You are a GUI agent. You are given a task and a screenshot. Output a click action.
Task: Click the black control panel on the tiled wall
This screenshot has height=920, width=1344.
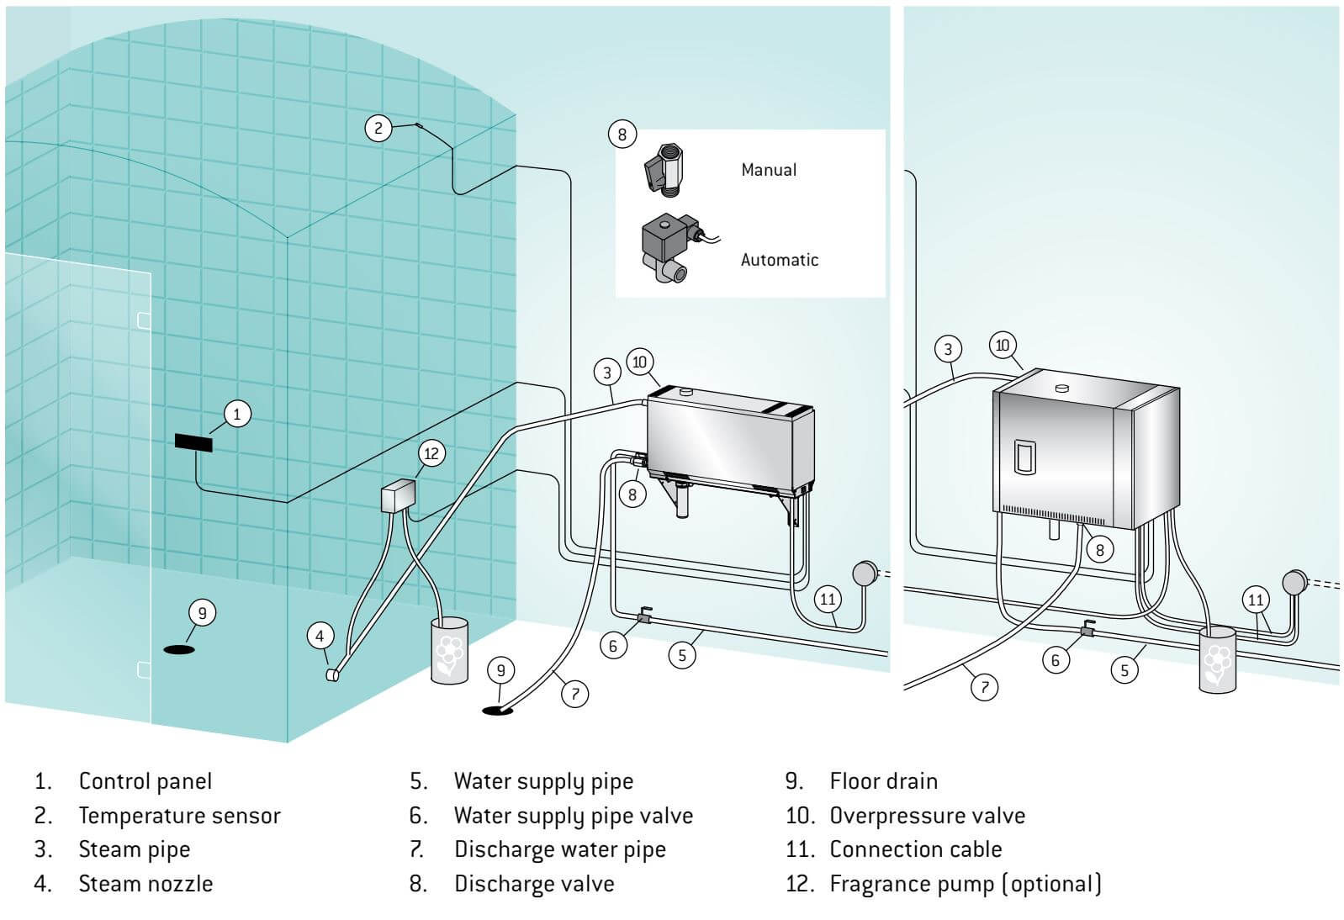point(193,442)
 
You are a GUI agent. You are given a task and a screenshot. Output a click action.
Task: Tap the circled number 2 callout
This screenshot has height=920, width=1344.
point(378,128)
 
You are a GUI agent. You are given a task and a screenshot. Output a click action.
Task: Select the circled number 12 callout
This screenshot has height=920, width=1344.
point(431,454)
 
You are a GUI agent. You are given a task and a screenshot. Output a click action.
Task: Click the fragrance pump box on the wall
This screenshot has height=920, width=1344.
point(399,496)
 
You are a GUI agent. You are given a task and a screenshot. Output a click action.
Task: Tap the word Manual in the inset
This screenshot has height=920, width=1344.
point(768,170)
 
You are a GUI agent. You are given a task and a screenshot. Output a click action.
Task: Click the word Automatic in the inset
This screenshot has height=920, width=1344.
point(779,260)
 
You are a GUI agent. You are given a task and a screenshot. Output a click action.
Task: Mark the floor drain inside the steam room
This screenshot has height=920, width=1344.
point(178,649)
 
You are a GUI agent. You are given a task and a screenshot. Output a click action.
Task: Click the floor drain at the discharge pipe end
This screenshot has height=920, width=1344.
point(497,711)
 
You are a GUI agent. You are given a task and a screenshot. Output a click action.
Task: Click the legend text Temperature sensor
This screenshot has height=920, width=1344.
point(179,816)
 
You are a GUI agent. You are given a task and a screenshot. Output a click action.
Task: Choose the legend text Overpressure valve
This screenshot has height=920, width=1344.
point(927,816)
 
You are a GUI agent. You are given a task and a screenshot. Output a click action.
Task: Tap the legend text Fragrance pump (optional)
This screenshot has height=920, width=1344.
point(965,884)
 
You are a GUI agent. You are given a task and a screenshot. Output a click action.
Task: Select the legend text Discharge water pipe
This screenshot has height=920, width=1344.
point(559,849)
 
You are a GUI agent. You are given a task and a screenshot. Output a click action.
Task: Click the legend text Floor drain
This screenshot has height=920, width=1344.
point(883,781)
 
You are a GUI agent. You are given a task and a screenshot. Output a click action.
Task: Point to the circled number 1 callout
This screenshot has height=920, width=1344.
point(236,414)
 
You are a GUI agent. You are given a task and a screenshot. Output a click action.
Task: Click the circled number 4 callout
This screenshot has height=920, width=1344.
point(320,636)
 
